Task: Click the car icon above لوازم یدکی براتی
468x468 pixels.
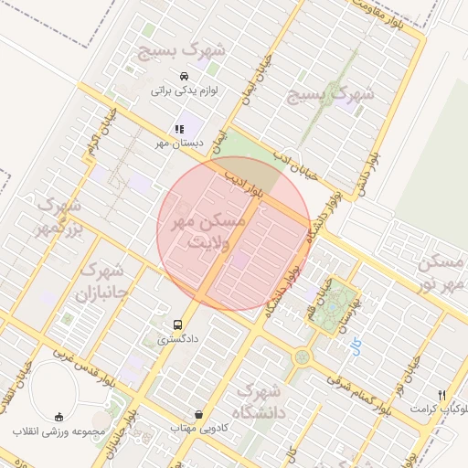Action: tap(184, 76)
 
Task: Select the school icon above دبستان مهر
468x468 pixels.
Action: tap(179, 130)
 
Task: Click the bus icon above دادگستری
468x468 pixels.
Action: tap(178, 324)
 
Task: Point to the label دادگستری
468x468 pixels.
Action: tap(177, 339)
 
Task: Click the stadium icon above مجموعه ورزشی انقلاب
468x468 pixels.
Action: tap(59, 416)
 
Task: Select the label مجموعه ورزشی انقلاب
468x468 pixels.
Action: tap(59, 431)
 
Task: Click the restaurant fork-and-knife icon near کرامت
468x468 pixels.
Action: tap(441, 394)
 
